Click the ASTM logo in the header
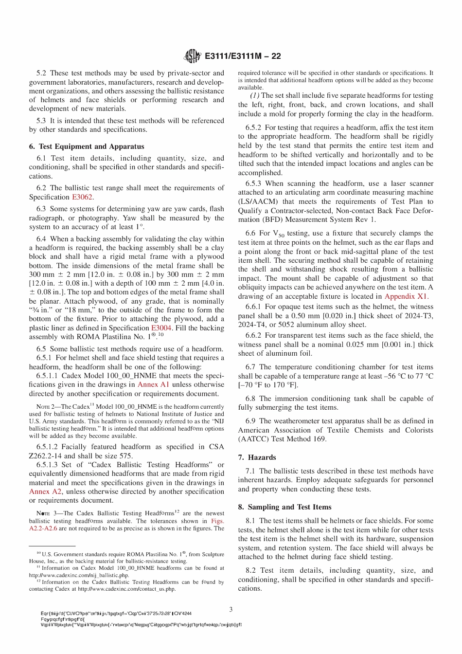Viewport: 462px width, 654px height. click(x=192, y=56)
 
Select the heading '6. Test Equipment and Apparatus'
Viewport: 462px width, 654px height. click(x=87, y=146)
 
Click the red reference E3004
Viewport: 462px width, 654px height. click(x=161, y=328)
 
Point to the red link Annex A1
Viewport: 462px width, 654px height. click(x=153, y=384)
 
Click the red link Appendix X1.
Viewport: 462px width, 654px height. click(x=407, y=296)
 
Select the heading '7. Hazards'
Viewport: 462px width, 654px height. click(x=257, y=457)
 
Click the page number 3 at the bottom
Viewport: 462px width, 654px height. click(x=231, y=609)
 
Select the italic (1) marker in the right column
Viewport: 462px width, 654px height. click(x=255, y=95)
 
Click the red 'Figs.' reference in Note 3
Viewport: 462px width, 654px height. click(x=217, y=521)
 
